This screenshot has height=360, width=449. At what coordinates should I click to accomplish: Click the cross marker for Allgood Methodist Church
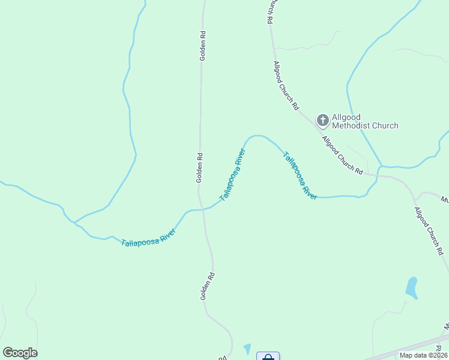tap(323, 121)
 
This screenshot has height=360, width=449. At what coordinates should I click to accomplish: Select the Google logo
tap(20, 353)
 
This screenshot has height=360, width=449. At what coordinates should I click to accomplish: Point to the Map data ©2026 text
tap(423, 355)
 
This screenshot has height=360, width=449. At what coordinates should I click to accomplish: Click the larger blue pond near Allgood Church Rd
tap(411, 287)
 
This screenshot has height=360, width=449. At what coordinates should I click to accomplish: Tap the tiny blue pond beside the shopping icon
tap(247, 349)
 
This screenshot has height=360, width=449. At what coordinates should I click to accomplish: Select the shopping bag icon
tap(268, 356)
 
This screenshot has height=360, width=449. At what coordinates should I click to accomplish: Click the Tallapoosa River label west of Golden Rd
tap(148, 237)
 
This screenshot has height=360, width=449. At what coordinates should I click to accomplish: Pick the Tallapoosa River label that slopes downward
tap(300, 175)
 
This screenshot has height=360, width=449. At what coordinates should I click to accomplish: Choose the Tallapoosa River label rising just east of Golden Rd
tap(233, 178)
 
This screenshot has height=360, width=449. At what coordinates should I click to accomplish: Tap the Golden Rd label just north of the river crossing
tap(200, 167)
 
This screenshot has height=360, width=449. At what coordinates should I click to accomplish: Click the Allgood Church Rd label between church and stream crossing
tap(342, 155)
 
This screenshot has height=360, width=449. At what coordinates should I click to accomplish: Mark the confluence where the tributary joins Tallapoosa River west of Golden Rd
tap(74, 222)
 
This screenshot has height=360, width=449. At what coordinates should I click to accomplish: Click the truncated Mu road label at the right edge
tap(444, 199)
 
